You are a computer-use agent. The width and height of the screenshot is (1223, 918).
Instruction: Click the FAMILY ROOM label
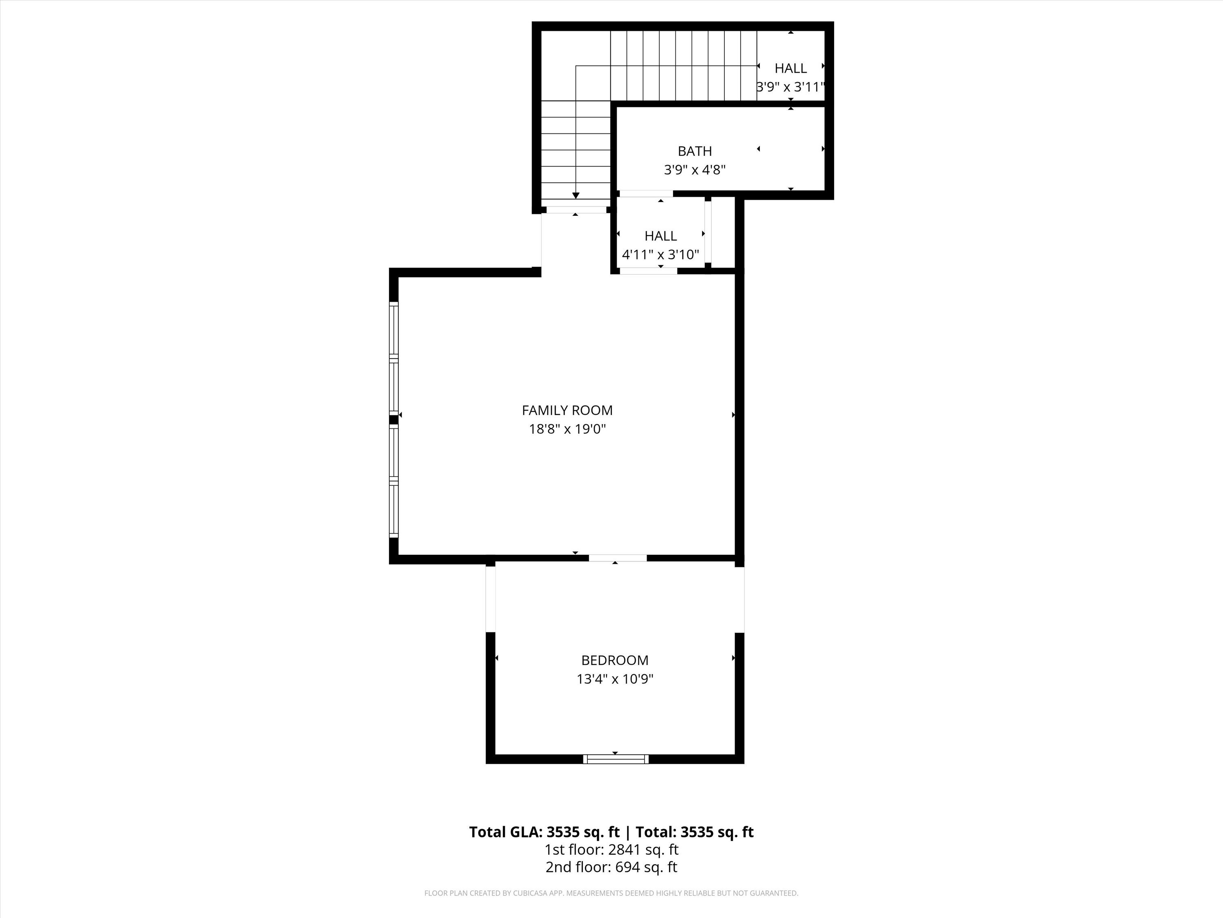tap(567, 410)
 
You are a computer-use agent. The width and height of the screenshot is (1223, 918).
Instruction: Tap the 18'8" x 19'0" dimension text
tap(567, 429)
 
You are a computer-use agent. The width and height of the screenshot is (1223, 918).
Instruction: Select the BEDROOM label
tap(615, 660)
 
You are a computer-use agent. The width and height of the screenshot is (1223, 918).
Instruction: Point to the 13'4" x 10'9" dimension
tap(615, 679)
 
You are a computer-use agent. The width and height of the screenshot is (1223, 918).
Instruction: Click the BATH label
tap(694, 151)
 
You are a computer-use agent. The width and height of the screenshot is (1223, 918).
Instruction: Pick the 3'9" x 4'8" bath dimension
tap(694, 170)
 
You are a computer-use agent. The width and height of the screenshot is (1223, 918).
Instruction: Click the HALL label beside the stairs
tap(790, 68)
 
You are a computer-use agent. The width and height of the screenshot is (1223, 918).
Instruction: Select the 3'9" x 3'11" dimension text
tap(790, 87)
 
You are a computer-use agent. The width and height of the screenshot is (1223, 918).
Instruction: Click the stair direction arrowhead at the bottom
tap(576, 195)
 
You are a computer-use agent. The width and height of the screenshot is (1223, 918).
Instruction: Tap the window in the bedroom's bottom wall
tap(615, 759)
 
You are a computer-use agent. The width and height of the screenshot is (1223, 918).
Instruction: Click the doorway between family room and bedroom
tap(618, 558)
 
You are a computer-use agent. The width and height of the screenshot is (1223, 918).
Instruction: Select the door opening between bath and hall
tap(646, 194)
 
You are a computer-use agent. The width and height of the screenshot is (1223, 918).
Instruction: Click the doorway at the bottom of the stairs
tap(576, 210)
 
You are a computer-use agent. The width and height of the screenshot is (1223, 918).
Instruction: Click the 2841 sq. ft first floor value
tap(643, 850)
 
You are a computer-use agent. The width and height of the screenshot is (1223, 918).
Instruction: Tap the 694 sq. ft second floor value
tap(646, 867)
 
